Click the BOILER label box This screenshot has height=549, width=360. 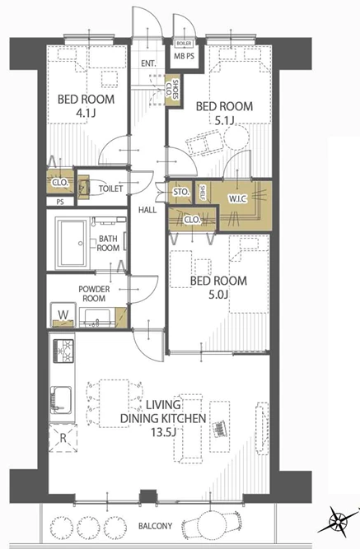coord(184,44)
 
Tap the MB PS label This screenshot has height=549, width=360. coord(185,56)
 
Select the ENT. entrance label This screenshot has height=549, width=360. coord(148,63)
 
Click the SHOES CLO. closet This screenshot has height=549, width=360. coord(172,90)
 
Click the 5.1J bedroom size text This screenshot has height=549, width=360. coord(224,121)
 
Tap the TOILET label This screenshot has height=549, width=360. coord(110,188)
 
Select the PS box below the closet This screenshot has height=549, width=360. coord(60,202)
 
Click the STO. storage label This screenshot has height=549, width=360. coord(181,193)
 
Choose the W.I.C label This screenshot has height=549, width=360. coord(237,199)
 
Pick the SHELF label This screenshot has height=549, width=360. coord(203,192)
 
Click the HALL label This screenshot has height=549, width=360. coord(147,210)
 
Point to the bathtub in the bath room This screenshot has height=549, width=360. coord(72,243)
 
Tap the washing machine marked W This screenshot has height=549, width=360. coord(63,314)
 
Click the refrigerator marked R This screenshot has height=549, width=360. coord(63,438)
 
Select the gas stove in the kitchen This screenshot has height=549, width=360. coord(63,351)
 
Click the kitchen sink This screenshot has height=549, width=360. coord(61,399)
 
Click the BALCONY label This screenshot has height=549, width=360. coord(156,526)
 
